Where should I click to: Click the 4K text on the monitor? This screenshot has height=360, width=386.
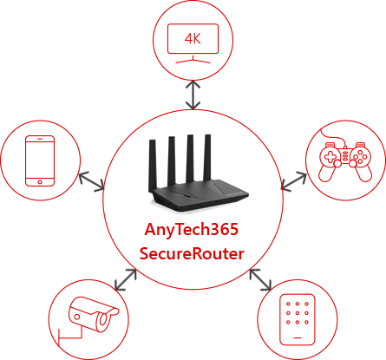[193, 38]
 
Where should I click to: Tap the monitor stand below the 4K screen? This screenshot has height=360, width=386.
[193, 60]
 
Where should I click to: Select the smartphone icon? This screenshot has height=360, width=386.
[40, 160]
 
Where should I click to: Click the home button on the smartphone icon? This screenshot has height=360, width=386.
[40, 182]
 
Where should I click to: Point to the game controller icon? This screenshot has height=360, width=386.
[345, 158]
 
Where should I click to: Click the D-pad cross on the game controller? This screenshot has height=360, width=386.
[330, 157]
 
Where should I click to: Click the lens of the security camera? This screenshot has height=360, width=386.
[103, 321]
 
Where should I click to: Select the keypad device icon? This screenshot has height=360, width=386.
[298, 319]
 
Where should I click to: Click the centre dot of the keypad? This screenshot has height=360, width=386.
[298, 313]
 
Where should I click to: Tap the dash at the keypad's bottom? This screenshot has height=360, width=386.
[298, 337]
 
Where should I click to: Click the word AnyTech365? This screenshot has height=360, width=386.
[192, 230]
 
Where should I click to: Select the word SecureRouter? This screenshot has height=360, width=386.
[192, 253]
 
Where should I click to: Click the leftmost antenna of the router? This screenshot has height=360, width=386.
[153, 166]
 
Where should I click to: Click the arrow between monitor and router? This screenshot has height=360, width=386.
[193, 95]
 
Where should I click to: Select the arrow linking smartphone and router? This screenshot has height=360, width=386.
[91, 181]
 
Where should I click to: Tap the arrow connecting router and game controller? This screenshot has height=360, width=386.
[294, 181]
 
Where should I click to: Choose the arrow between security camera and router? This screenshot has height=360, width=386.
[125, 279]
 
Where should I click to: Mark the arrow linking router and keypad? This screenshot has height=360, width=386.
[260, 279]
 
